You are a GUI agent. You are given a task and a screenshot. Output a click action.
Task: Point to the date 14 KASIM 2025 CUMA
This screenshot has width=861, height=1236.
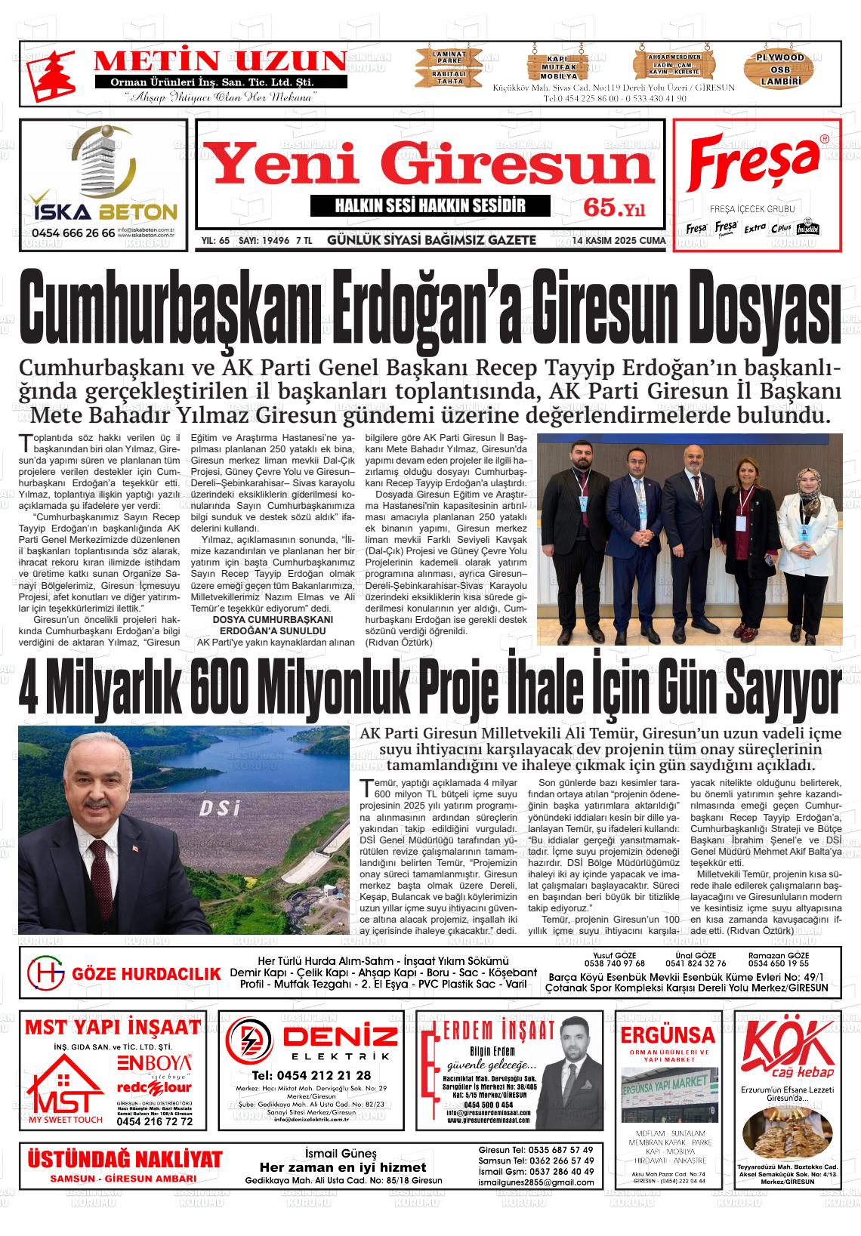(x=619, y=241)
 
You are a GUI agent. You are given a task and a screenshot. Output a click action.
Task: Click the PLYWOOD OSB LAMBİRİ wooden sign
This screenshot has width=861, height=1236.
(x=780, y=69)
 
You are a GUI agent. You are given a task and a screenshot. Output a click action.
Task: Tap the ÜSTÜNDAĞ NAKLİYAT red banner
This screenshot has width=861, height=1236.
(x=125, y=1159)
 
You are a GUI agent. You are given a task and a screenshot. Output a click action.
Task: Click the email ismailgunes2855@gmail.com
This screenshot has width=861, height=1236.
(x=537, y=1182)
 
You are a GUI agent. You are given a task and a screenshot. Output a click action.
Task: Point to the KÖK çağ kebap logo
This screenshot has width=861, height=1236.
(x=788, y=1050)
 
